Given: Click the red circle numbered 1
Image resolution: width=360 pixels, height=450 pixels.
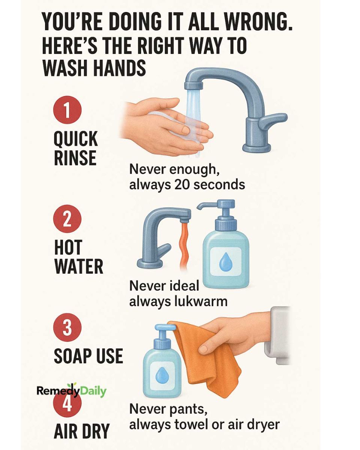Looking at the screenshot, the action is coord(67,109).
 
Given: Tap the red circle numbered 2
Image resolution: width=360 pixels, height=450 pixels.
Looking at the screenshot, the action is coord(67,219).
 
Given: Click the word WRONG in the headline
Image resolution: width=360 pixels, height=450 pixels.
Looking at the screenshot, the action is coord(257,22).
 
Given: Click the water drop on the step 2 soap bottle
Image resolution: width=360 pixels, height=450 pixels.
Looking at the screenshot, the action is coord(225,261).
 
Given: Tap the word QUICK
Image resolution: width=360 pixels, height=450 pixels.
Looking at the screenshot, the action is coord(76,139).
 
